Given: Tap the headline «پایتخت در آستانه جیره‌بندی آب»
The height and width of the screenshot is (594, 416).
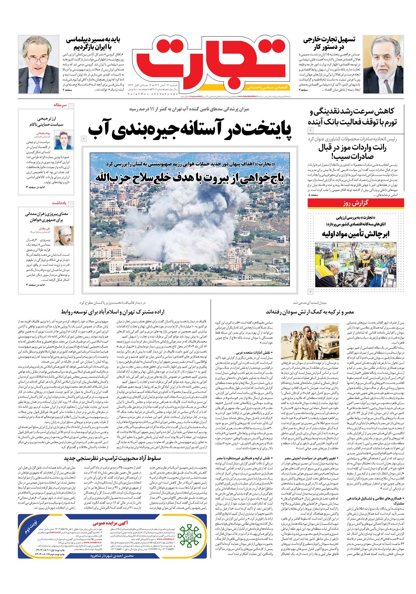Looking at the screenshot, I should click(190, 129).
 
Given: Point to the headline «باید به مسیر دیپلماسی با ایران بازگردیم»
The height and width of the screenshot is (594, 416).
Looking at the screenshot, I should click(93, 43).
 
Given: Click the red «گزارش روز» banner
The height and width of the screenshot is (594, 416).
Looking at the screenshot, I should click(356, 203).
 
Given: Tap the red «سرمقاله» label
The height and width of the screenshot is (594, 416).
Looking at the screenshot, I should click(60, 105).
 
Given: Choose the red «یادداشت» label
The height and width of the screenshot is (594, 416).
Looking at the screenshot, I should click(59, 203).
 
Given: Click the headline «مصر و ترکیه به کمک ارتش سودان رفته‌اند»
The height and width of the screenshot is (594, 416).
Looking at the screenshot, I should click(310, 312).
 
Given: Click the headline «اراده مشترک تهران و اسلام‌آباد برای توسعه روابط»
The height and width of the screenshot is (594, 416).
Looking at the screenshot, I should click(113, 312).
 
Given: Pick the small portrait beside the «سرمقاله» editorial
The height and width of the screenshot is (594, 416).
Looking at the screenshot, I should click(64, 140).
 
